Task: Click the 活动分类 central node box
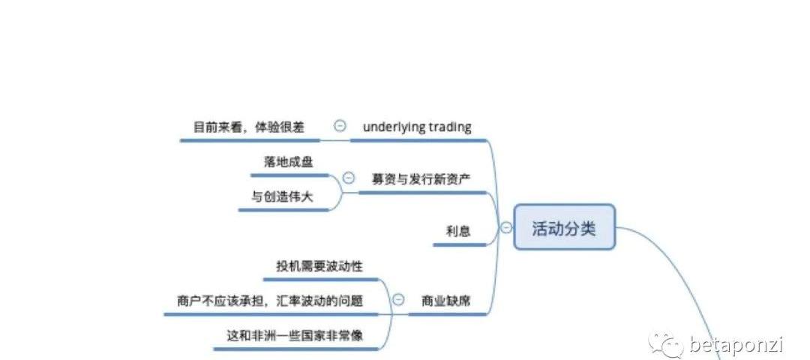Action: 564,227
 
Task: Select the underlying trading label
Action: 417,127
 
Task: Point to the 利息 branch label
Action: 458,231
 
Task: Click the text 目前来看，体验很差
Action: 249,127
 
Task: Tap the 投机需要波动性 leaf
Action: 319,265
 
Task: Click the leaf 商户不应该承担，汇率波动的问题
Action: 271,301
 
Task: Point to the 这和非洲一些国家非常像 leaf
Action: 295,335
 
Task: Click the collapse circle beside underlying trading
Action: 340,127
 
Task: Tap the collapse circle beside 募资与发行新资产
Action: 349,178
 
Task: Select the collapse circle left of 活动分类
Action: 506,227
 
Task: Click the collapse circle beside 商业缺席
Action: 398,300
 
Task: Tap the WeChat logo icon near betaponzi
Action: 666,343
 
